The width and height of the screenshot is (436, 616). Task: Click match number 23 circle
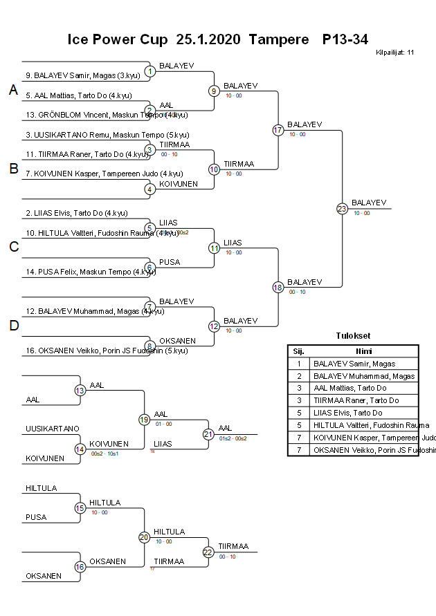[x=342, y=209]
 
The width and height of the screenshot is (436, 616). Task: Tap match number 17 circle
[x=278, y=130]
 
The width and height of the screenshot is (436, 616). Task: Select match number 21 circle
[x=208, y=434]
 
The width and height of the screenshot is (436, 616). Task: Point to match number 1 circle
[x=149, y=71]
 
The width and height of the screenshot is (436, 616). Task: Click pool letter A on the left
[x=12, y=90]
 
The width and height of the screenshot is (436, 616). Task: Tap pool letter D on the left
[x=13, y=326]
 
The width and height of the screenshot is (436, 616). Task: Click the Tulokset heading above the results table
[x=352, y=337]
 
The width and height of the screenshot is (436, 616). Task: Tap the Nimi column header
[x=363, y=351]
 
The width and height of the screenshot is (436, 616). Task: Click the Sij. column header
[x=298, y=351]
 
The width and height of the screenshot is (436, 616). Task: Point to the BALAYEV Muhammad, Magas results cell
[x=363, y=376]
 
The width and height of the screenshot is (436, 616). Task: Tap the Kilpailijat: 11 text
[x=394, y=52]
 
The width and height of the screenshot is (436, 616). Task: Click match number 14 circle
[x=80, y=449]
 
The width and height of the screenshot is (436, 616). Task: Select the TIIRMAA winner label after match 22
[x=233, y=546]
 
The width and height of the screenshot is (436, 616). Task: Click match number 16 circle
[x=80, y=567]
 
